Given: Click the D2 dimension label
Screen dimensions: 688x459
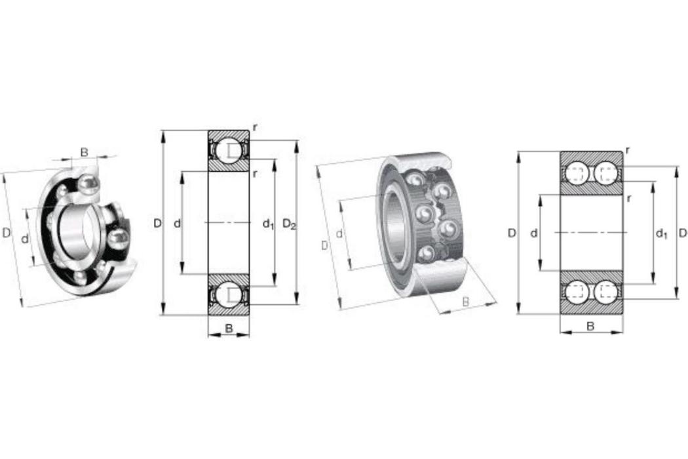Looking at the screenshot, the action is click(x=289, y=224).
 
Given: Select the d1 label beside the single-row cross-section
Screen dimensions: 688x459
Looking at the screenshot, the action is click(x=268, y=224).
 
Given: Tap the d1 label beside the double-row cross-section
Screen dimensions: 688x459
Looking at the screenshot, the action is click(x=661, y=233).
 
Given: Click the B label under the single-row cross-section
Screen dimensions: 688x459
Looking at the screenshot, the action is click(x=229, y=328).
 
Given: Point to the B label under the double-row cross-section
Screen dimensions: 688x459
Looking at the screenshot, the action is click(x=590, y=327).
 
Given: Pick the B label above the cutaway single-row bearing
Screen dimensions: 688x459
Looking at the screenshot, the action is click(x=85, y=152).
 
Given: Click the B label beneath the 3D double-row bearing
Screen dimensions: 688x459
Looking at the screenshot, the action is click(x=465, y=302).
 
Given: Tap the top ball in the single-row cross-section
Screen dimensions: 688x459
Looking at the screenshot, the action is click(x=229, y=150).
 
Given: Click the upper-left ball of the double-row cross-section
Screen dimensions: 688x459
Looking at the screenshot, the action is click(x=576, y=173).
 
